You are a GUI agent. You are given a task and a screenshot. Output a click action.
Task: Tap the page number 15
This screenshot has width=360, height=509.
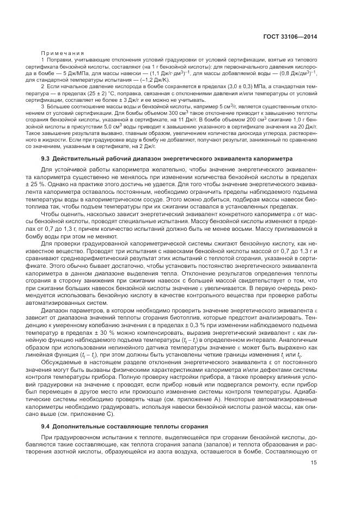pyautogui.click(x=314, y=463)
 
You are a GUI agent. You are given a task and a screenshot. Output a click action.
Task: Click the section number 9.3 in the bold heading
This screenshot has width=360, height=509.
pyautogui.click(x=46, y=158)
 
